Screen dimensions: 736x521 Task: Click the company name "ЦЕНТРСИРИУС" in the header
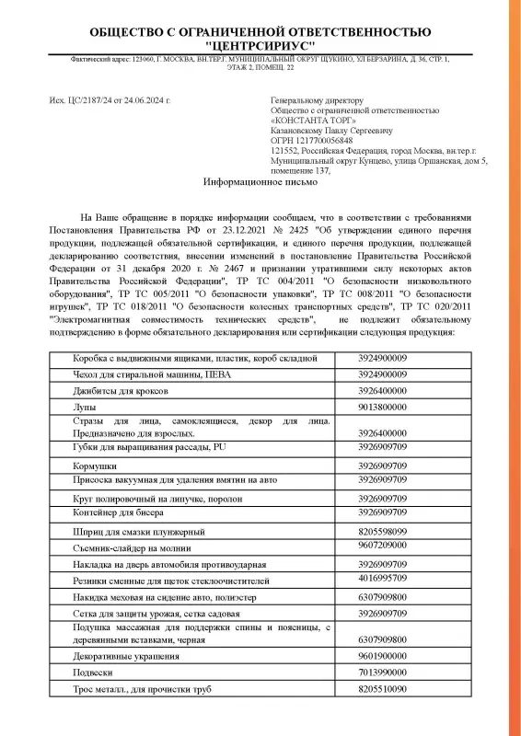(x=260, y=45)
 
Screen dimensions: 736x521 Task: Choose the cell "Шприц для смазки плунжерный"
(x=138, y=532)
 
